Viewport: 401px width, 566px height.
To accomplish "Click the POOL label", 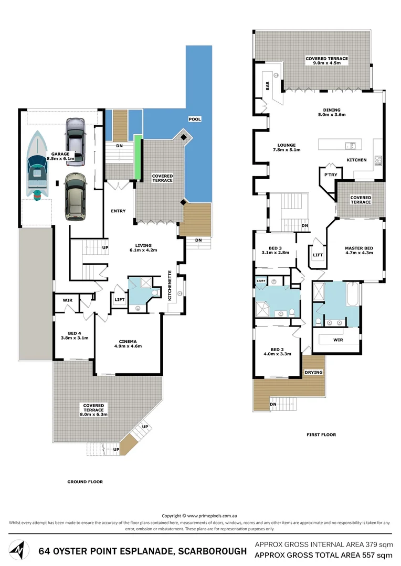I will (x=195, y=119).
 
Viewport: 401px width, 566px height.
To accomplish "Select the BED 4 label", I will (x=75, y=333).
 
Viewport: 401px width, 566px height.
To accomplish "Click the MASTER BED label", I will (x=358, y=248).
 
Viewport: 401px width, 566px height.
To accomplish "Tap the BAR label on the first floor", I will (x=267, y=86).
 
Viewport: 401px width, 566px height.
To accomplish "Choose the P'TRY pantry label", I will (x=330, y=175).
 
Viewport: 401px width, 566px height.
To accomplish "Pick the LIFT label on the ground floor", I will (x=119, y=300).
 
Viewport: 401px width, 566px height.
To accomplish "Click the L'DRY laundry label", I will (x=261, y=282).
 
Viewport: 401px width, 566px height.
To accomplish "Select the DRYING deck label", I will (x=313, y=372).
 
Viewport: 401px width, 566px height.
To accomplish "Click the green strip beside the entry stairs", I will (x=138, y=156).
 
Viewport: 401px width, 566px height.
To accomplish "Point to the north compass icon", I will (x=19, y=551).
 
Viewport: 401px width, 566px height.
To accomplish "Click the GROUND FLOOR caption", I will (x=85, y=482).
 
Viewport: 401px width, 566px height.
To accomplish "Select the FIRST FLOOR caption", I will (x=321, y=434).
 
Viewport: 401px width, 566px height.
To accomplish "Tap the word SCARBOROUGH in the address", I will (x=212, y=551).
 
